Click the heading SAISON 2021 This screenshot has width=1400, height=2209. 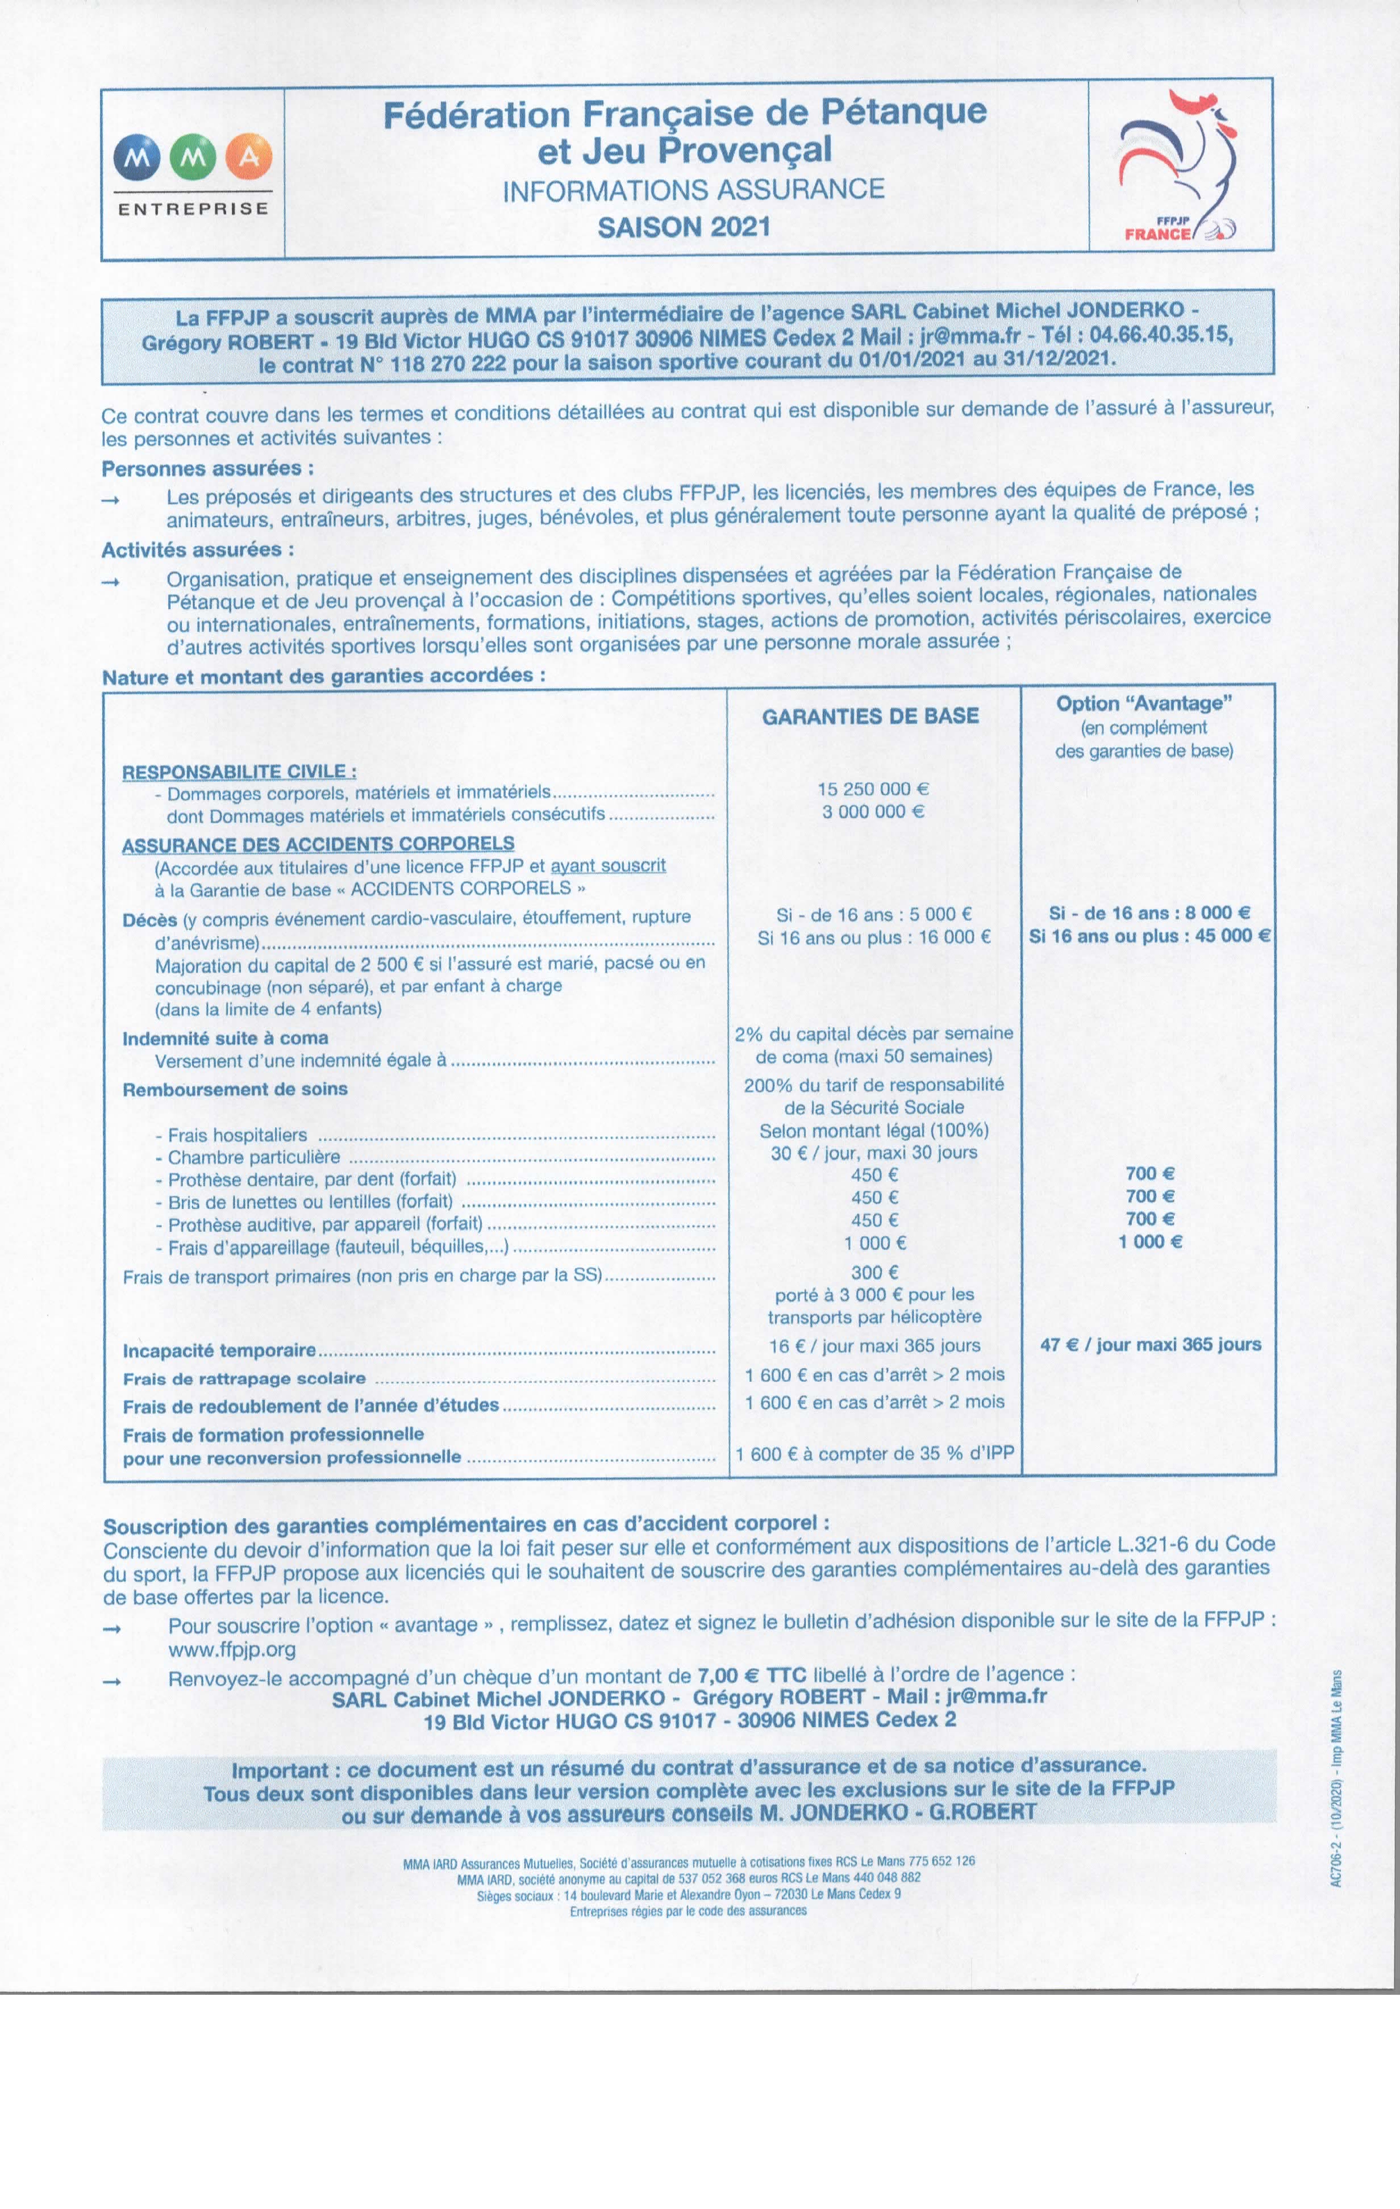[x=684, y=227]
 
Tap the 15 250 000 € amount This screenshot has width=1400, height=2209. [x=873, y=789]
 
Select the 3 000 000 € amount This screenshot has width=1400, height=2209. [x=873, y=812]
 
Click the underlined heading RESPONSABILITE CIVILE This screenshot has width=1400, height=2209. [x=239, y=772]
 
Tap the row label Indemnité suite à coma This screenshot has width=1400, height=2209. [x=225, y=1039]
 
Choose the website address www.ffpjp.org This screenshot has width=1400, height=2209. [x=232, y=1649]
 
